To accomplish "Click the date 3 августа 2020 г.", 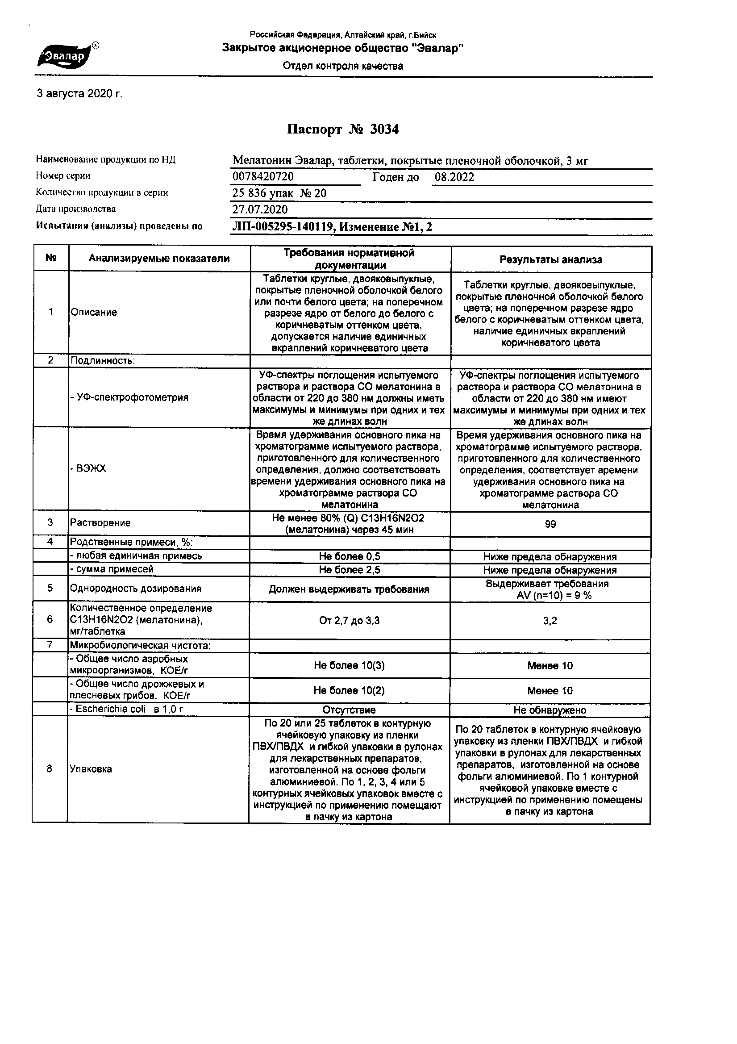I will pos(79,94).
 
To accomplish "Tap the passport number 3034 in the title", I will pos(384,130).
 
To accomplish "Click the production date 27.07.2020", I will pos(260,209).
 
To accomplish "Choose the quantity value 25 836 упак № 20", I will pos(279,194).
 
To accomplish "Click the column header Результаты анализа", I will pos(550,259).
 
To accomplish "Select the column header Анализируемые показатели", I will pos(158,259).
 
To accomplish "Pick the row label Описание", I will pos(94,313).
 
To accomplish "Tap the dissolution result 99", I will pos(550,525).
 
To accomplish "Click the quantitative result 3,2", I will pos(550,621).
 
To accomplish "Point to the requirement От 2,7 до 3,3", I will pos(349,621).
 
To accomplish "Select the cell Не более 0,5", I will pos(349,556).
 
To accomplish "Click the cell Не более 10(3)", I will pos(349,666).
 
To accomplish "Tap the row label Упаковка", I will pos(91,769).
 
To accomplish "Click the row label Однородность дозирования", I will pos(136,589).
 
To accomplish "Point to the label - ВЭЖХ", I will pos(88,468).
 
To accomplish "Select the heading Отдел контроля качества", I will pos(342,67).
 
